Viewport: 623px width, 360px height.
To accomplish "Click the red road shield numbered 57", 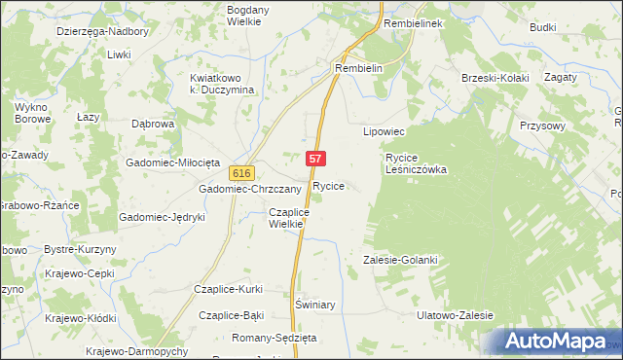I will [315, 158].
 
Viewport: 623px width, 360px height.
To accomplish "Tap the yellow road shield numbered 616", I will [242, 172].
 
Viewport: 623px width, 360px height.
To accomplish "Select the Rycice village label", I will [328, 185].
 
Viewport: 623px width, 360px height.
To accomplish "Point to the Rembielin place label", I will [361, 69].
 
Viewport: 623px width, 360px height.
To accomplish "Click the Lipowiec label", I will [383, 130].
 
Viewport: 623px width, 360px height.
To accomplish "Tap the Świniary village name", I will [314, 305].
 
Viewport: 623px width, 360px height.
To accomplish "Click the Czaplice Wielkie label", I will [288, 217].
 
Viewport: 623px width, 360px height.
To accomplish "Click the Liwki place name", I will [120, 54].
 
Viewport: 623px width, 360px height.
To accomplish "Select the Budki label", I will [542, 27].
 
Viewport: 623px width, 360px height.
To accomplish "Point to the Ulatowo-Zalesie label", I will [455, 315].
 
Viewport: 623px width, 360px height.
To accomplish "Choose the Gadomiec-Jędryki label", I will [162, 217].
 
